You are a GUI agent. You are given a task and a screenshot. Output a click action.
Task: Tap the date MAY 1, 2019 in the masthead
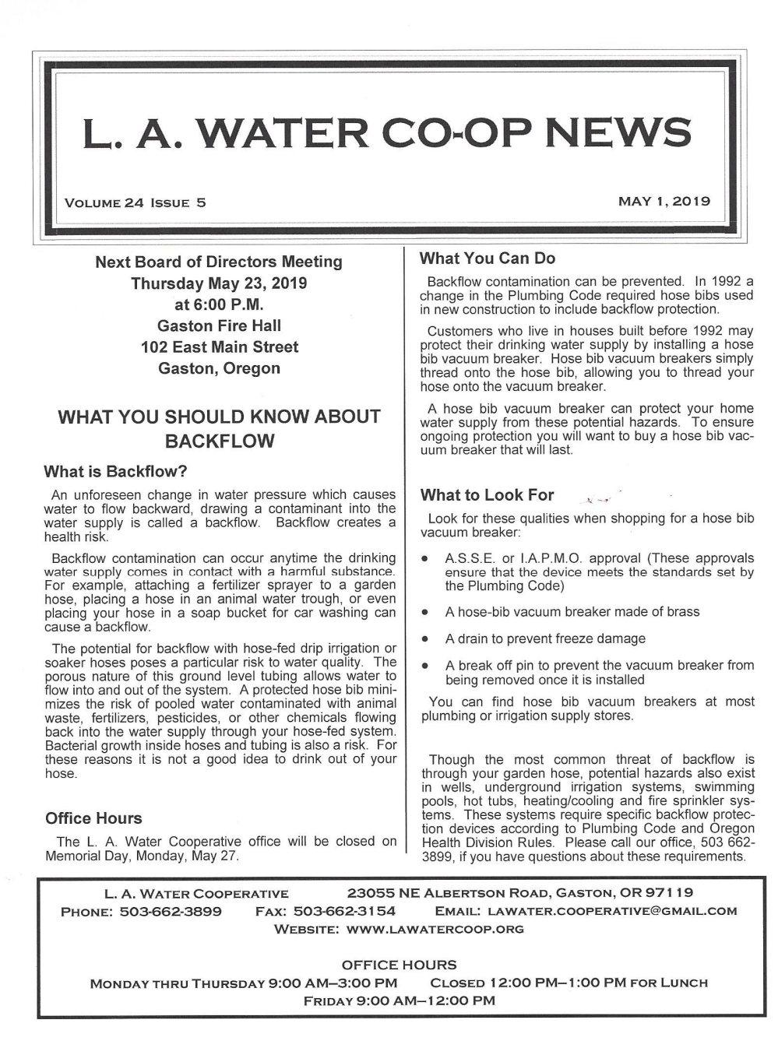(x=664, y=202)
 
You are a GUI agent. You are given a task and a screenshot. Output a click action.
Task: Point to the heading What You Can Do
(x=488, y=258)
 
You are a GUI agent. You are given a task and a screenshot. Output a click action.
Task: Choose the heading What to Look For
(x=487, y=494)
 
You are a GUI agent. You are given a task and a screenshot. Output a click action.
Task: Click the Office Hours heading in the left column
(x=93, y=818)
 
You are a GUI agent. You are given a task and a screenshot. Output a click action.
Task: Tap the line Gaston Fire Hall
(x=219, y=325)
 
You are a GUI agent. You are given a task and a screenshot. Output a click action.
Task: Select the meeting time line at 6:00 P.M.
(x=219, y=304)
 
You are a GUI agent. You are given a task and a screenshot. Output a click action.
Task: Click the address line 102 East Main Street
(x=219, y=347)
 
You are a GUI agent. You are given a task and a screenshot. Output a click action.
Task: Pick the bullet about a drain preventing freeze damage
(x=545, y=638)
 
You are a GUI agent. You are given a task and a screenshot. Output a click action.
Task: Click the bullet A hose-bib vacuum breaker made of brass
(x=572, y=612)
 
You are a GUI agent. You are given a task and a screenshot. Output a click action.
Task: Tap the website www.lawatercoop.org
(x=435, y=929)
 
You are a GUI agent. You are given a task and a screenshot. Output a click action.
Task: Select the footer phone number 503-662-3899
(x=171, y=911)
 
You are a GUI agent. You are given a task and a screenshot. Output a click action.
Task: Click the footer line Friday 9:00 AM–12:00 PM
(x=398, y=1000)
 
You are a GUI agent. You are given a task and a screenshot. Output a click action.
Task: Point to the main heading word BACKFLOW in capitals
(x=219, y=441)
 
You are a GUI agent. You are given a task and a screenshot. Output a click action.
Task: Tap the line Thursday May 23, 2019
(x=219, y=283)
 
